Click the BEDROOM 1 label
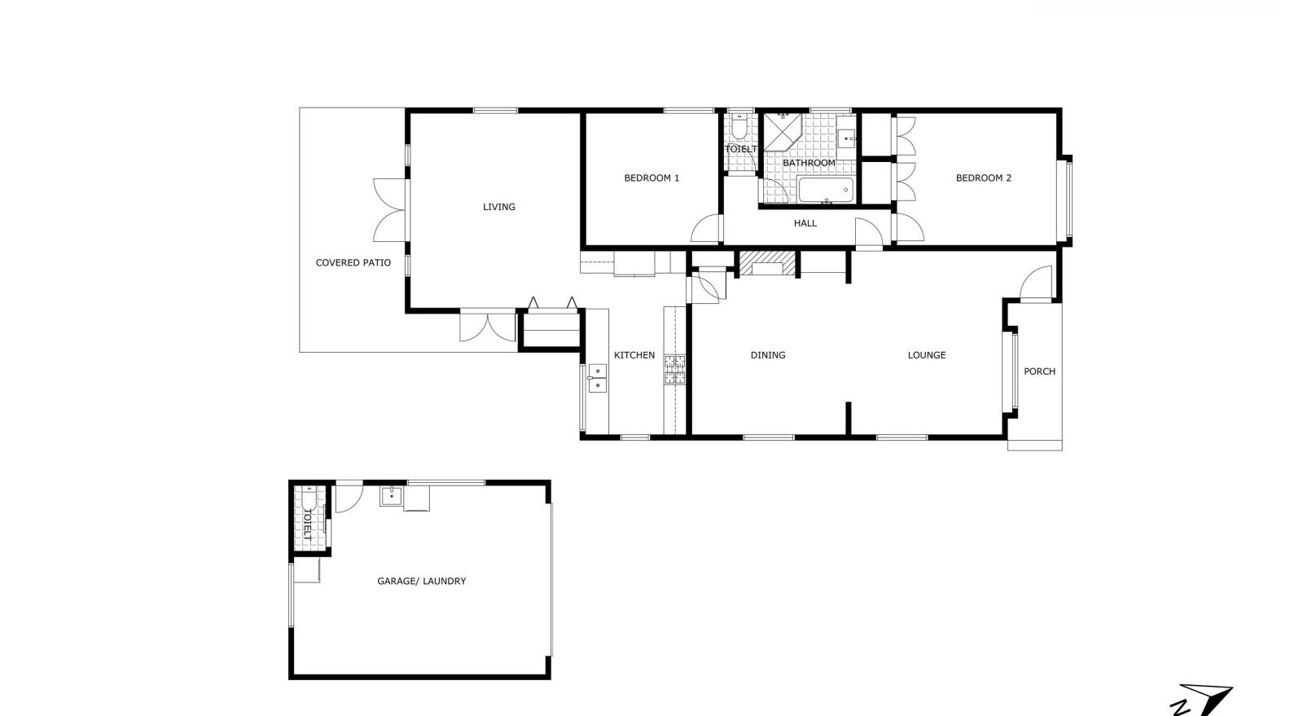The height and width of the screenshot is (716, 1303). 651,178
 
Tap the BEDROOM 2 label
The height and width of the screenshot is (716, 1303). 983,178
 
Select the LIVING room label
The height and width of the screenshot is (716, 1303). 499,207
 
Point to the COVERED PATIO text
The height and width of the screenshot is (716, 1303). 353,263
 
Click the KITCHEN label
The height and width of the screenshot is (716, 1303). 634,355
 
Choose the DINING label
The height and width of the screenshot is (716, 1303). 768,355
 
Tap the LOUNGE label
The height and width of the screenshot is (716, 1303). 927,355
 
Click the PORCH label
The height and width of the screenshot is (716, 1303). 1039,371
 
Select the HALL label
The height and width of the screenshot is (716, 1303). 805,223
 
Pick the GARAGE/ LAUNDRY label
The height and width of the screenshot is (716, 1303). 422,582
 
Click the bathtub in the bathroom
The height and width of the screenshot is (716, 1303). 825,191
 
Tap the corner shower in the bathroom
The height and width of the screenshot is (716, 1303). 781,132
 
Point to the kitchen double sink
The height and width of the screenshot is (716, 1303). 598,379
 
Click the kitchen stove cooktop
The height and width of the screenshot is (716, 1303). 675,370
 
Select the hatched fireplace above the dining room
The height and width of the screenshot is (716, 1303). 766,264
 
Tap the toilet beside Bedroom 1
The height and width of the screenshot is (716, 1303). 739,128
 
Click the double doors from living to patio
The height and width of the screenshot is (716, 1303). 390,210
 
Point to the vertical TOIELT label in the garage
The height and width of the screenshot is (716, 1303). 307,527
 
